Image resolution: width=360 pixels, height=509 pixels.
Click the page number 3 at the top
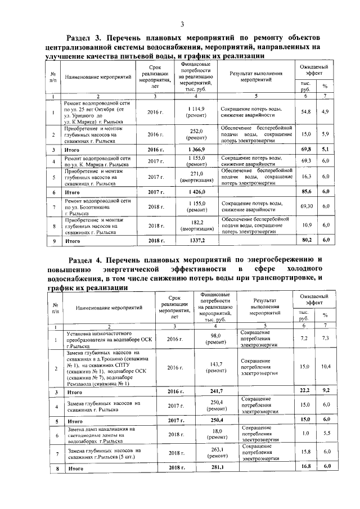point(182,23)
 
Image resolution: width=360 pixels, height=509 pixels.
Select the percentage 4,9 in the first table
point(325,112)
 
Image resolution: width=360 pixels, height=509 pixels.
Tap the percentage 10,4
point(325,367)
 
